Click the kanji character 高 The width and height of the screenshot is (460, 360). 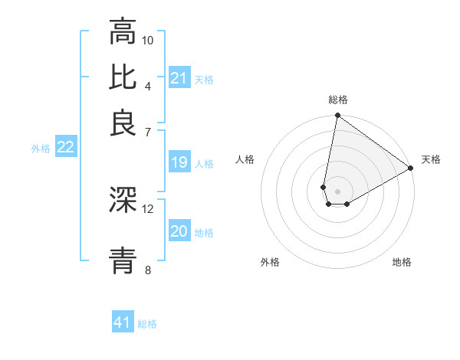point(123,33)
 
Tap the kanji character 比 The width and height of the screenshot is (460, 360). point(123,77)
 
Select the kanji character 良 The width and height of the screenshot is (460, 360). point(123,123)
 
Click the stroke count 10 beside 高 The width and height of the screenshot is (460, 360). point(148,40)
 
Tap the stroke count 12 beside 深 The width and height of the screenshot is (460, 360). point(148,208)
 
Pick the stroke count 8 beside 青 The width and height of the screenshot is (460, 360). point(148,270)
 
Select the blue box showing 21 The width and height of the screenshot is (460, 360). point(179,78)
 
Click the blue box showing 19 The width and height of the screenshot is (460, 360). point(179,162)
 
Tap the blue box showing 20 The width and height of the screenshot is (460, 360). point(179,232)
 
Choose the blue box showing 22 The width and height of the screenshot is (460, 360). point(65,148)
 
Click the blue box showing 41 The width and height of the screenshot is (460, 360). point(123,322)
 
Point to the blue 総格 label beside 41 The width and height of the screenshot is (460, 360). point(147,324)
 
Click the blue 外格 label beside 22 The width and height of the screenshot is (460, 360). point(41,149)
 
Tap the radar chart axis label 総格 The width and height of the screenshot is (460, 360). point(337,100)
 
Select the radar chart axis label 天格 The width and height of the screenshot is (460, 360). point(431,160)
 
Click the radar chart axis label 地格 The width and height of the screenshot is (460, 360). point(402,263)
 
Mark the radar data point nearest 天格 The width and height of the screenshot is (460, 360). point(411,169)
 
